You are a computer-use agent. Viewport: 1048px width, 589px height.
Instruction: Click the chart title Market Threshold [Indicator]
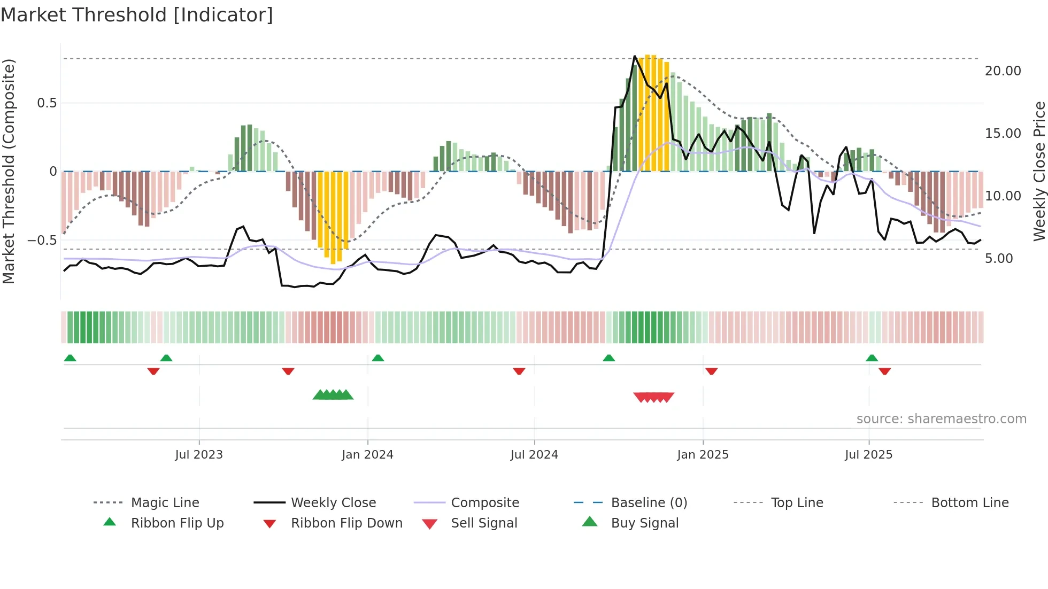pos(137,15)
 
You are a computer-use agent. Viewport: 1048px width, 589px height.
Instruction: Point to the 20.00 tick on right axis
pos(1003,71)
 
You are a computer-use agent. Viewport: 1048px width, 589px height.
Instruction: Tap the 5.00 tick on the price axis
pos(998,259)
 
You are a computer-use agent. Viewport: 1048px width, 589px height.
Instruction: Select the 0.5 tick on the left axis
pos(47,103)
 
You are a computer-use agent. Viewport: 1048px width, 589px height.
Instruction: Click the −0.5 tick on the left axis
pos(42,241)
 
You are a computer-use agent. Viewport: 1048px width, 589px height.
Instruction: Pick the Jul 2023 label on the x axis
pos(199,455)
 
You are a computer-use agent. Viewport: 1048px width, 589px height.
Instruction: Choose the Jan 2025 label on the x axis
pos(703,455)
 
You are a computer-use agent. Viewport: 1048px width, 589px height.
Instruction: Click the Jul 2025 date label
pos(868,455)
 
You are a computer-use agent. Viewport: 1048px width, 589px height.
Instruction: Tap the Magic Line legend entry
pos(165,503)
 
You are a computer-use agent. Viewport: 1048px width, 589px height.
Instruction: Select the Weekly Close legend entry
pos(333,503)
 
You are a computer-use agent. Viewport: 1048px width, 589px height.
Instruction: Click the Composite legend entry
pos(485,503)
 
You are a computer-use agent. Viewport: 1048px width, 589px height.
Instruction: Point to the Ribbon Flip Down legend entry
pos(346,523)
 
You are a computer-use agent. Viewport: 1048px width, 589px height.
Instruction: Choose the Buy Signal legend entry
pos(645,523)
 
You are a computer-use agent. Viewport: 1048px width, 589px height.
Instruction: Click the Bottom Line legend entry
pos(970,503)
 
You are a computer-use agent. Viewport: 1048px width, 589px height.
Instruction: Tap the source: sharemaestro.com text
pos(941,419)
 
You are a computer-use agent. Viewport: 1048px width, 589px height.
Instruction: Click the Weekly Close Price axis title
pos(1039,171)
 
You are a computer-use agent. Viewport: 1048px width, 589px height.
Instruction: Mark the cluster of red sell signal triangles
pos(653,397)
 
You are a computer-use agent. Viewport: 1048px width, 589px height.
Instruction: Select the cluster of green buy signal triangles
pos(333,395)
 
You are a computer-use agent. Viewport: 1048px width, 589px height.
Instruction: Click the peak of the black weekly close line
pos(635,56)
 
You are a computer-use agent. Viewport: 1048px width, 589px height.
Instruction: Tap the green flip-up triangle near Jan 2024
pos(378,358)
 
